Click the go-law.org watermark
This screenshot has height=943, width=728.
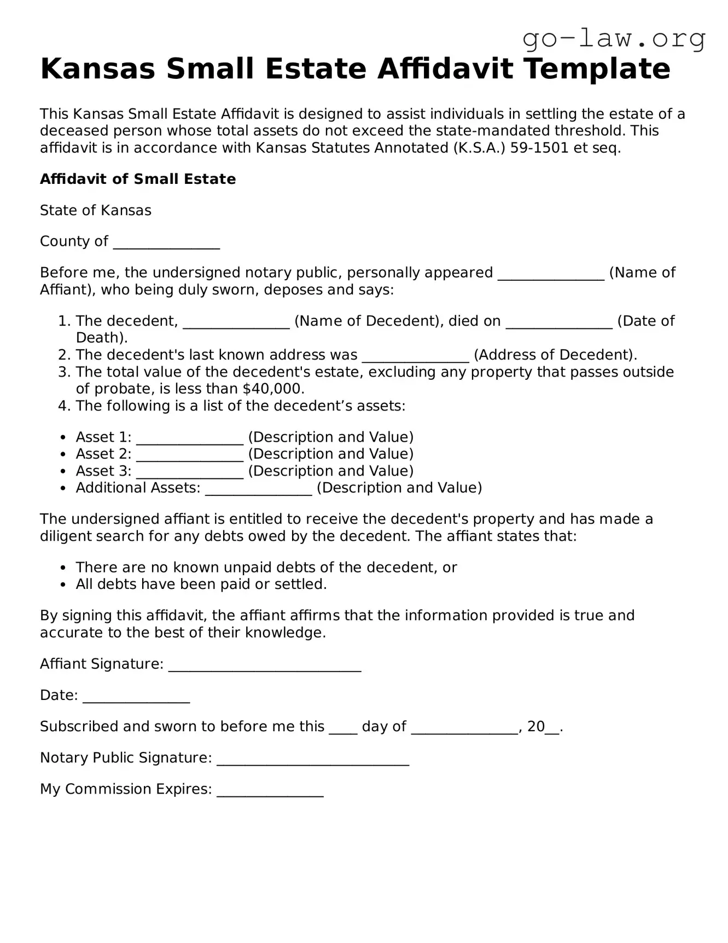coord(614,39)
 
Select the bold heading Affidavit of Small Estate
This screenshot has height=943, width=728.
coord(138,179)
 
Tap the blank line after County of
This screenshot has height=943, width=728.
coord(166,242)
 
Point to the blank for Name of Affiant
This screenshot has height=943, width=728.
coord(551,274)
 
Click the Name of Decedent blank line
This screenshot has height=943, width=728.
coord(236,322)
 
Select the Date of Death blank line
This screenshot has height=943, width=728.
coord(559,322)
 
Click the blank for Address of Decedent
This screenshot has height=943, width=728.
coord(416,356)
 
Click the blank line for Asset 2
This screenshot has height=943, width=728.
coord(190,455)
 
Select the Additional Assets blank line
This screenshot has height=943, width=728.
coord(259,489)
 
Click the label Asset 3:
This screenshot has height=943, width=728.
coord(103,471)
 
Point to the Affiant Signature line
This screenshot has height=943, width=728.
coord(265,665)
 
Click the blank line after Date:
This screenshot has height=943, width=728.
coord(136,696)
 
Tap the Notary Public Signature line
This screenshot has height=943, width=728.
coord(313,759)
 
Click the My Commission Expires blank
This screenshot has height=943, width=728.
coord(270,790)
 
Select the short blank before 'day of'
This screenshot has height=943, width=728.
coord(343,727)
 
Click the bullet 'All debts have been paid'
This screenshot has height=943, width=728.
coord(201,584)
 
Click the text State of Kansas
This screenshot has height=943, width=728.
coord(96,210)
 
